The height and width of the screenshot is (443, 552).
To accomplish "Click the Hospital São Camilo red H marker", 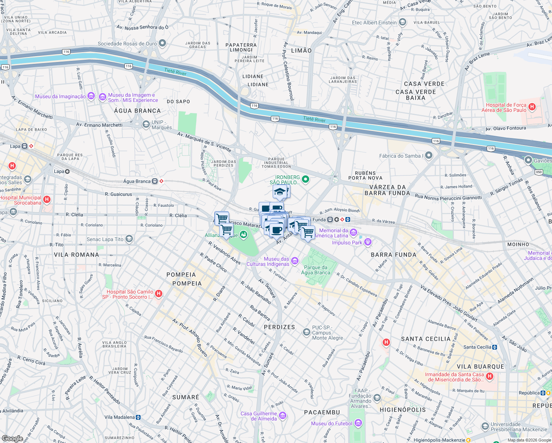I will click(159, 294).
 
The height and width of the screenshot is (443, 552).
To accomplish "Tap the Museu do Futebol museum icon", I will click(358, 423).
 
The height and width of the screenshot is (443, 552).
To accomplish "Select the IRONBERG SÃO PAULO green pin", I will click(306, 180).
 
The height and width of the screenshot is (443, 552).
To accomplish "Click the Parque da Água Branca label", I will click(315, 270).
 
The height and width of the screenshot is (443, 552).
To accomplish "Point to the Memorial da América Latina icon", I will click(353, 233).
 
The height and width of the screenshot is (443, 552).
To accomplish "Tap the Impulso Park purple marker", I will click(368, 242).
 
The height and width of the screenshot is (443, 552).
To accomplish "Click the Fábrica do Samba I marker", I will click(428, 155).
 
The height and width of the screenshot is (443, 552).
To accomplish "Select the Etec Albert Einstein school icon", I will click(403, 23).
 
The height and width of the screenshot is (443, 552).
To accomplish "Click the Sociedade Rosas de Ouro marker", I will click(162, 44).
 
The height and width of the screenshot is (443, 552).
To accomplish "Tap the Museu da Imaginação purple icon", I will click(91, 96).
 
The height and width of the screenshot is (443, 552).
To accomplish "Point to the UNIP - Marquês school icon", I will click(146, 124).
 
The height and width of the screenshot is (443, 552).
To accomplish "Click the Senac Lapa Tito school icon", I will click(129, 239).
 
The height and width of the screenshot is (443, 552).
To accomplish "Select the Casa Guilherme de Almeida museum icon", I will click(283, 416).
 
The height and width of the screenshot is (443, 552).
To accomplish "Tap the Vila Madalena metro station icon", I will click(138, 417).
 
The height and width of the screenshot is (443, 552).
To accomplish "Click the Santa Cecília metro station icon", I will click(495, 347).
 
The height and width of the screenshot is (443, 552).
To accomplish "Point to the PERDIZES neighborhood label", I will click(279, 327).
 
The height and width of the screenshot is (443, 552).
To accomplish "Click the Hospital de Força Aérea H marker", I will click(532, 107).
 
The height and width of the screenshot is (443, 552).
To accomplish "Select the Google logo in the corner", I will click(12, 439).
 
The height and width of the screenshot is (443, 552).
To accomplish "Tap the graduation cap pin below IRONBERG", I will click(280, 192).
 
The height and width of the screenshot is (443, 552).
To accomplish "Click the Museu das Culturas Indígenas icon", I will click(294, 261).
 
